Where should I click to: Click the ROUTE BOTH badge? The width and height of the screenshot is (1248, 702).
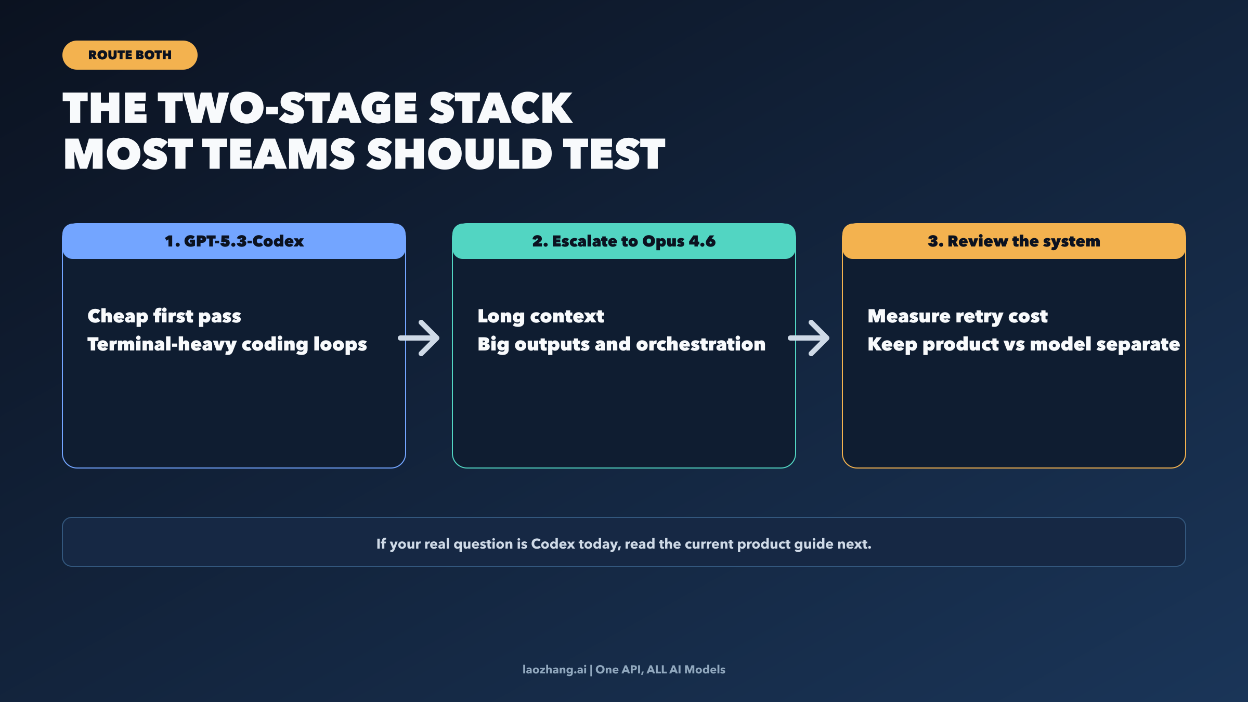pos(129,55)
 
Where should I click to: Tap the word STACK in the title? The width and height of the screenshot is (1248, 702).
pos(500,108)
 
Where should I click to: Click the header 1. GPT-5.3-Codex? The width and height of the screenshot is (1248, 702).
pos(234,241)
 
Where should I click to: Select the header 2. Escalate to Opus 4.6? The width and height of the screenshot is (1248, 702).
pos(623,241)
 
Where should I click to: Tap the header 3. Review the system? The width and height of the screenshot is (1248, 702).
pos(1013,241)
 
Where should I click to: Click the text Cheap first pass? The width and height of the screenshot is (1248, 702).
pos(164,316)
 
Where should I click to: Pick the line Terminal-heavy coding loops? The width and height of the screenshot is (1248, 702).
pos(227,344)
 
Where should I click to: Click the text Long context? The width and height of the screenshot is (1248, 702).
pos(541,316)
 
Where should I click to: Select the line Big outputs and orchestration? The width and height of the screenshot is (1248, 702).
pos(621,344)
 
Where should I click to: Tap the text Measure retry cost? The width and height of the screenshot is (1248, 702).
pos(957,316)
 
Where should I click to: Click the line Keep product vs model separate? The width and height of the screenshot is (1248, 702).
pos(1023,344)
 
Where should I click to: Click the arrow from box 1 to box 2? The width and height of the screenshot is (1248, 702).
pos(419,338)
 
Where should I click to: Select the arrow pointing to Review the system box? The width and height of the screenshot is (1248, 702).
pos(809,338)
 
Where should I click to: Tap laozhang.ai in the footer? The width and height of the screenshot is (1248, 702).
pos(554,670)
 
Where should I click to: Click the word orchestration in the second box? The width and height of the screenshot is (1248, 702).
pos(700,344)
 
